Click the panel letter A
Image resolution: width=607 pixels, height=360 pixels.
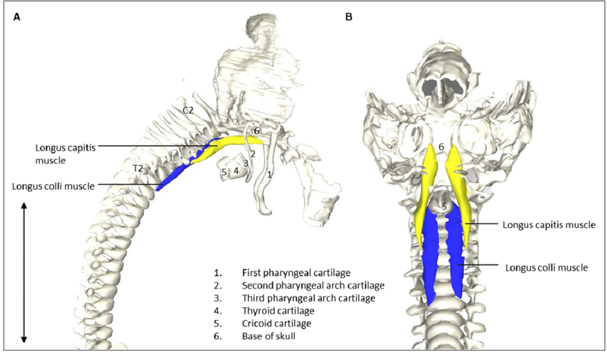point(17,16)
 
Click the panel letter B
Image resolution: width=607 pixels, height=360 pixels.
point(348,16)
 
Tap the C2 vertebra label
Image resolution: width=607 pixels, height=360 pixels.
point(189,110)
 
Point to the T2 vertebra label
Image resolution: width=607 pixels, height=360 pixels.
point(139,168)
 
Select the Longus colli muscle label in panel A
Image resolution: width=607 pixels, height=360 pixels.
point(54,186)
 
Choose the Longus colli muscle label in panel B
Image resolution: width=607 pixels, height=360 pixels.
point(546,268)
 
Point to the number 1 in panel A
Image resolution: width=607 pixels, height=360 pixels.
point(269,174)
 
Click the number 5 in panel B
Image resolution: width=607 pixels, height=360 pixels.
point(443,207)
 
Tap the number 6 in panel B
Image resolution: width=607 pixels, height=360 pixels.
point(441,147)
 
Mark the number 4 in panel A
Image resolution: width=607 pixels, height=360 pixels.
point(236,171)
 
